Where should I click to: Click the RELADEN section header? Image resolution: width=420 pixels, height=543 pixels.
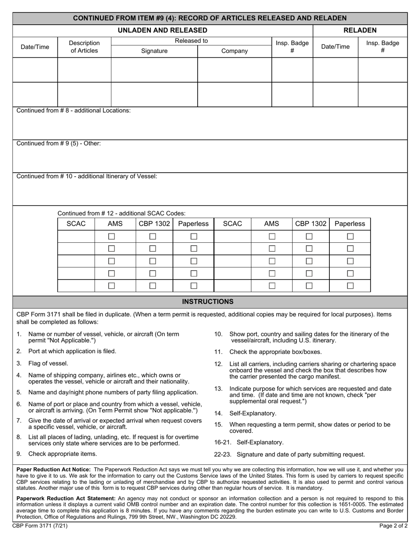tap(360, 30)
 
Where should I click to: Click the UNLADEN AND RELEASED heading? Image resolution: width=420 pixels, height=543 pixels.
tap(163, 30)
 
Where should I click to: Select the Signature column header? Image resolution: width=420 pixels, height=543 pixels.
tap(154, 51)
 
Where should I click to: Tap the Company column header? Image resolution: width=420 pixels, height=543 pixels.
tap(234, 51)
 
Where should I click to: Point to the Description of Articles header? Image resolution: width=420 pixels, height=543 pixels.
tap(84, 47)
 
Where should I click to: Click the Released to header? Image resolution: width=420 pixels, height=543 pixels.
tap(191, 41)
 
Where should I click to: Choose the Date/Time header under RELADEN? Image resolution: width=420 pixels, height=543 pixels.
tap(335, 47)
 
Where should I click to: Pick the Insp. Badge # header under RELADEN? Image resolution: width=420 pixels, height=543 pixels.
tap(382, 47)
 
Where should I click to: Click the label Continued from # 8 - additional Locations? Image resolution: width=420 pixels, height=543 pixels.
tap(73, 110)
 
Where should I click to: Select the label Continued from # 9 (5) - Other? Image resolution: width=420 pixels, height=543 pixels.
tap(58, 143)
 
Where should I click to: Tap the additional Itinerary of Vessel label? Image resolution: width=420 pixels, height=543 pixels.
tap(87, 176)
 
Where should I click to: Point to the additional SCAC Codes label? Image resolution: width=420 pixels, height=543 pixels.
tap(122, 213)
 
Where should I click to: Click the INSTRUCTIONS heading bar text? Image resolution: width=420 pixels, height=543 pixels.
tap(208, 302)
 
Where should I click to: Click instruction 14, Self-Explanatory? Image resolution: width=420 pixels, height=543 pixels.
tap(252, 413)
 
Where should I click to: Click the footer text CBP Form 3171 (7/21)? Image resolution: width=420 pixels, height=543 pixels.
tap(40, 526)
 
